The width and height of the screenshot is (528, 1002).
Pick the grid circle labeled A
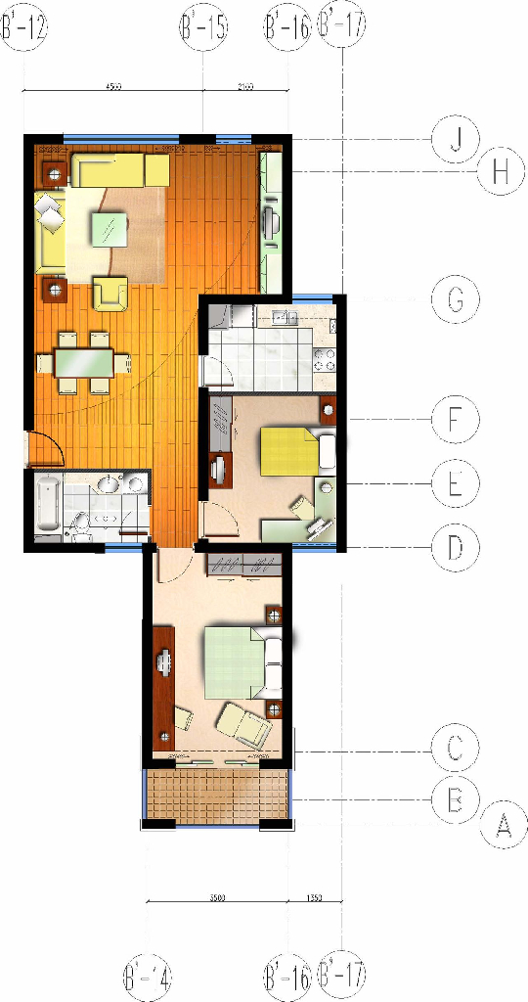pyautogui.click(x=504, y=827)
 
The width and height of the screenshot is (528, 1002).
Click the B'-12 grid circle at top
pyautogui.click(x=23, y=28)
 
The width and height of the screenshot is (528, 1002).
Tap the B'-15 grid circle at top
pyautogui.click(x=203, y=28)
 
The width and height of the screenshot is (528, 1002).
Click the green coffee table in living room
pyautogui.click(x=109, y=231)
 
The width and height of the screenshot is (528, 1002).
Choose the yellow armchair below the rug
pyautogui.click(x=110, y=293)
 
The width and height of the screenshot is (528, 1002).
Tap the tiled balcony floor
pyautogui.click(x=217, y=795)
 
